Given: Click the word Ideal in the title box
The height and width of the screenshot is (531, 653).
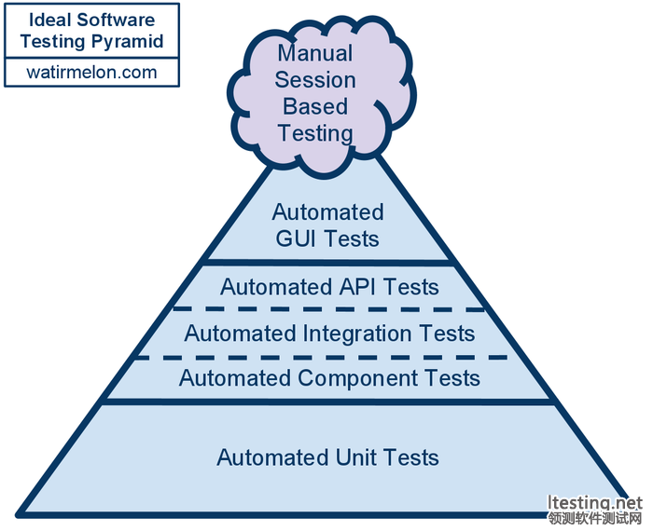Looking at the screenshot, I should click(47, 20).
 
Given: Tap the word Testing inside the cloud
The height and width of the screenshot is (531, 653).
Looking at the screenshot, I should click(315, 132).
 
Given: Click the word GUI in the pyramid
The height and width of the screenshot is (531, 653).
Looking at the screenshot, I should click(294, 238).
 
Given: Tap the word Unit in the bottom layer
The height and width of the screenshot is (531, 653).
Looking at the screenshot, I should click(354, 457).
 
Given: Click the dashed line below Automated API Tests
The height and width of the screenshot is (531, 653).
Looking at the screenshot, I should click(328, 309).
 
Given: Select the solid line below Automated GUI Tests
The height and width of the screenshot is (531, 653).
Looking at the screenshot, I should click(327, 262).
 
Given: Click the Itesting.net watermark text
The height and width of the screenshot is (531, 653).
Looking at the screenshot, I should click(595, 504).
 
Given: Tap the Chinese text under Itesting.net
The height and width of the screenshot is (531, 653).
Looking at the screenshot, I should click(595, 519).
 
